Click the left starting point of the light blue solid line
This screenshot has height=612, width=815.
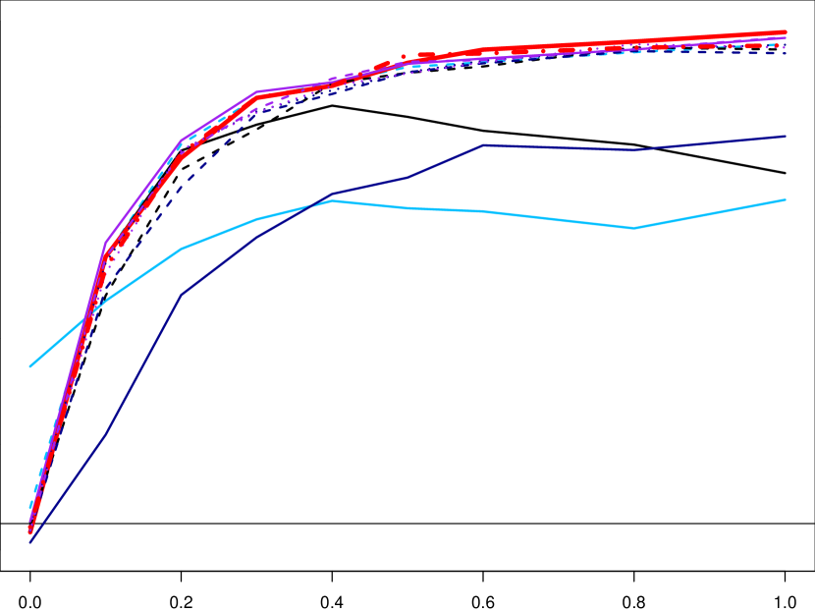(30, 366)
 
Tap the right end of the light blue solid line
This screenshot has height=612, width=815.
(786, 199)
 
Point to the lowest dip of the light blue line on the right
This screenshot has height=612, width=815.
(634, 228)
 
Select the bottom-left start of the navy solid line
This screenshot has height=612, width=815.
(30, 541)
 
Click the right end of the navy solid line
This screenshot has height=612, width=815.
(786, 137)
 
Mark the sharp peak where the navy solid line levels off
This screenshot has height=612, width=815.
(485, 145)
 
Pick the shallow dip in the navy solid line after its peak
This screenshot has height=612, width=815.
(634, 150)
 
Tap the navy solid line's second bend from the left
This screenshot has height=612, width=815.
(182, 294)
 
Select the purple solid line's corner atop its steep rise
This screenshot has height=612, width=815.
(106, 242)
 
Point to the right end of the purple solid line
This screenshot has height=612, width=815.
(786, 38)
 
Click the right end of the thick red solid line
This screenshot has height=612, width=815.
(786, 32)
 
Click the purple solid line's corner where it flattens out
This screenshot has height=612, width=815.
(257, 92)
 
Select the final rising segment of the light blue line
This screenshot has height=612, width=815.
(710, 214)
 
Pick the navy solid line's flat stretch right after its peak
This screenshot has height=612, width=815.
(560, 147)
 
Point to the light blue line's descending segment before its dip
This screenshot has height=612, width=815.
(560, 219)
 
